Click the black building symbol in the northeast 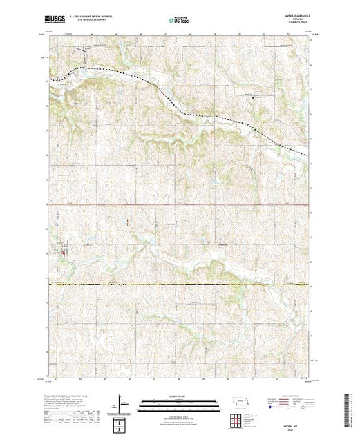[x=252, y=97]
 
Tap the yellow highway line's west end [x=49, y=284]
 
